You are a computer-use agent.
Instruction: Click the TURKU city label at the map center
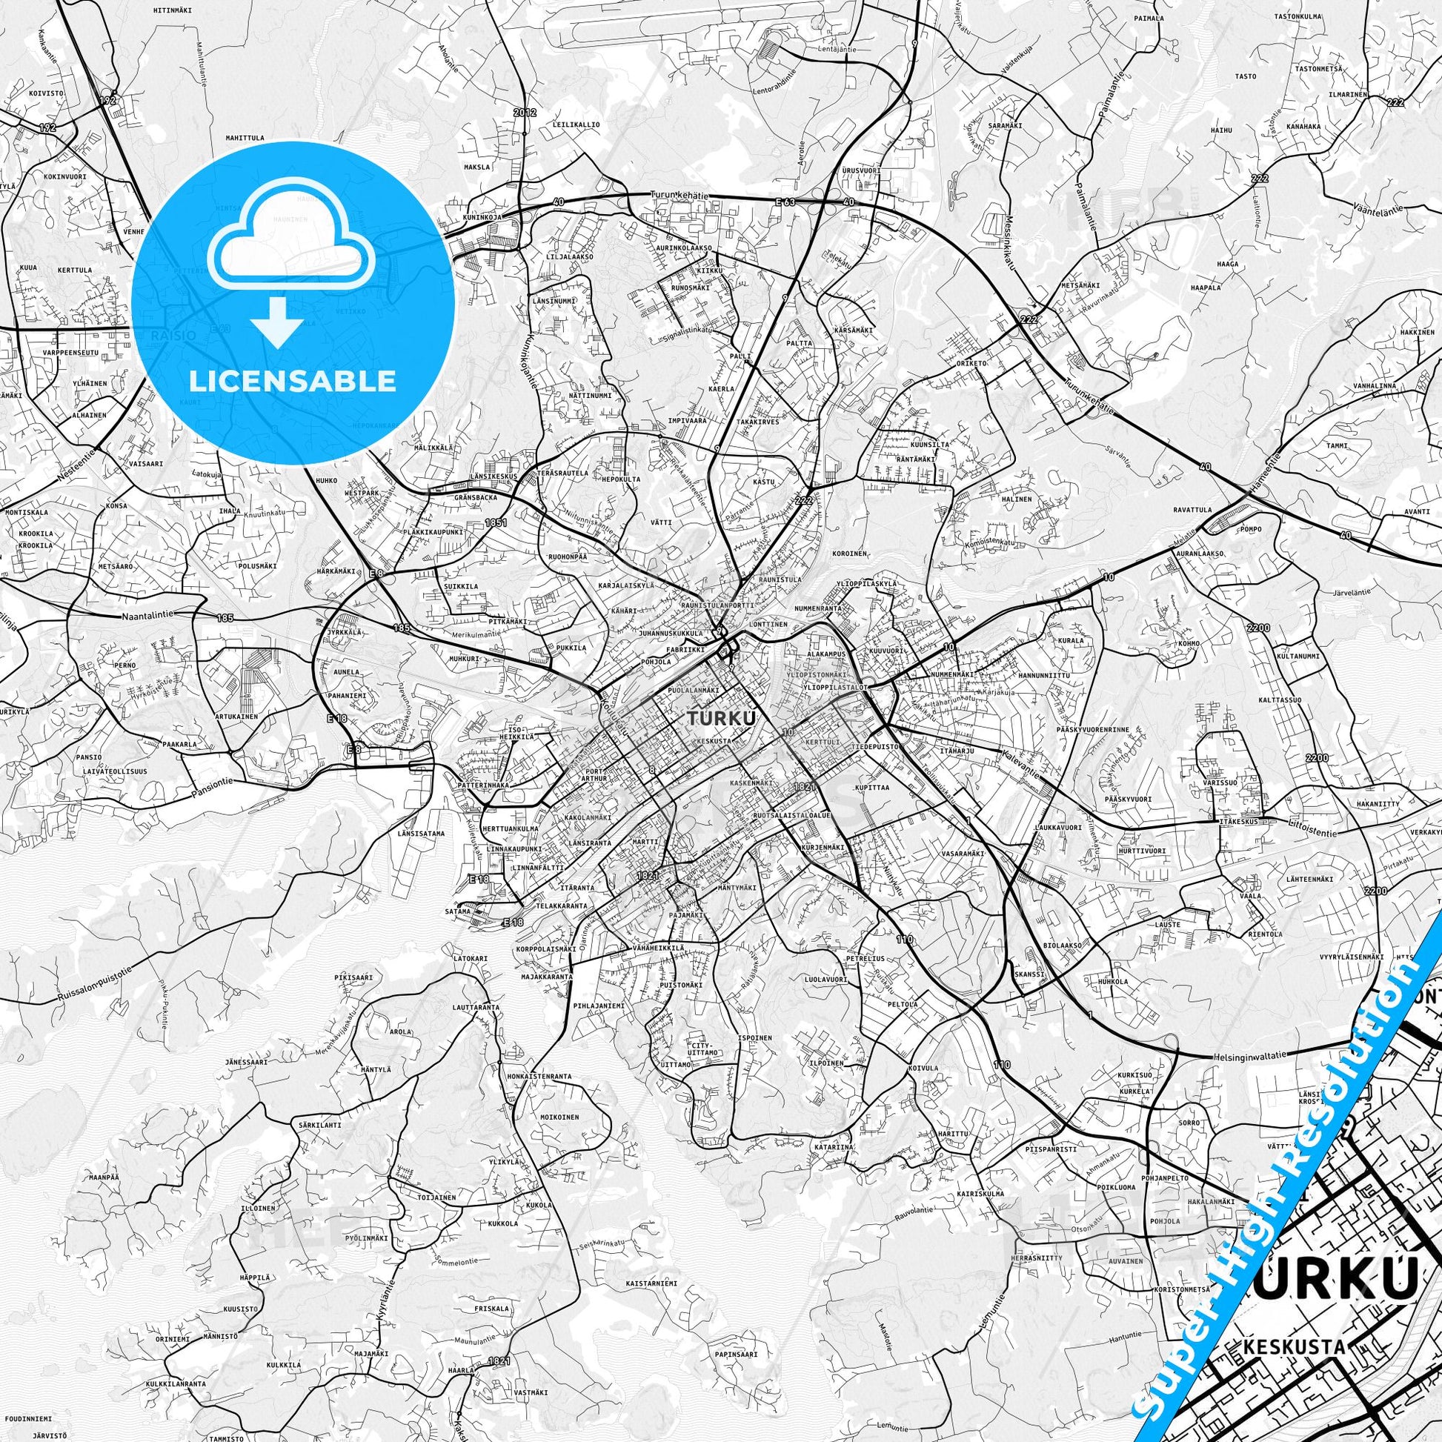tap(720, 718)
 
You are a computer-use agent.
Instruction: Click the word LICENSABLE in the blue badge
tap(293, 381)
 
